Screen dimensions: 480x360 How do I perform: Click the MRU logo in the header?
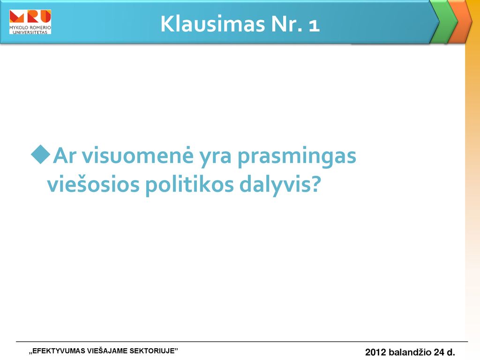point(30,22)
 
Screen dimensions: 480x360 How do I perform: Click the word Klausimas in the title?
point(212,23)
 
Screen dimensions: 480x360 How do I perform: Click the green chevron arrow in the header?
point(444,22)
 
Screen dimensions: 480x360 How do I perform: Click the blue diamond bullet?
point(40,155)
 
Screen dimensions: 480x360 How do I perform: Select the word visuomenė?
point(137,156)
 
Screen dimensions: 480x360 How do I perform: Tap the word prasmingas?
point(297,157)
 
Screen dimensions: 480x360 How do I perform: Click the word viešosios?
point(93,184)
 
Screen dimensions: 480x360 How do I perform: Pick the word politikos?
point(189,186)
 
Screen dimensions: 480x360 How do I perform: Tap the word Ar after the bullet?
point(65,156)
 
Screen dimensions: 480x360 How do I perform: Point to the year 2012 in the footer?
point(375,352)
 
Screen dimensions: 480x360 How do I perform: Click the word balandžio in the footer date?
point(410,352)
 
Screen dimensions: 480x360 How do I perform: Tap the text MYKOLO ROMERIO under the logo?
point(30,28)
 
